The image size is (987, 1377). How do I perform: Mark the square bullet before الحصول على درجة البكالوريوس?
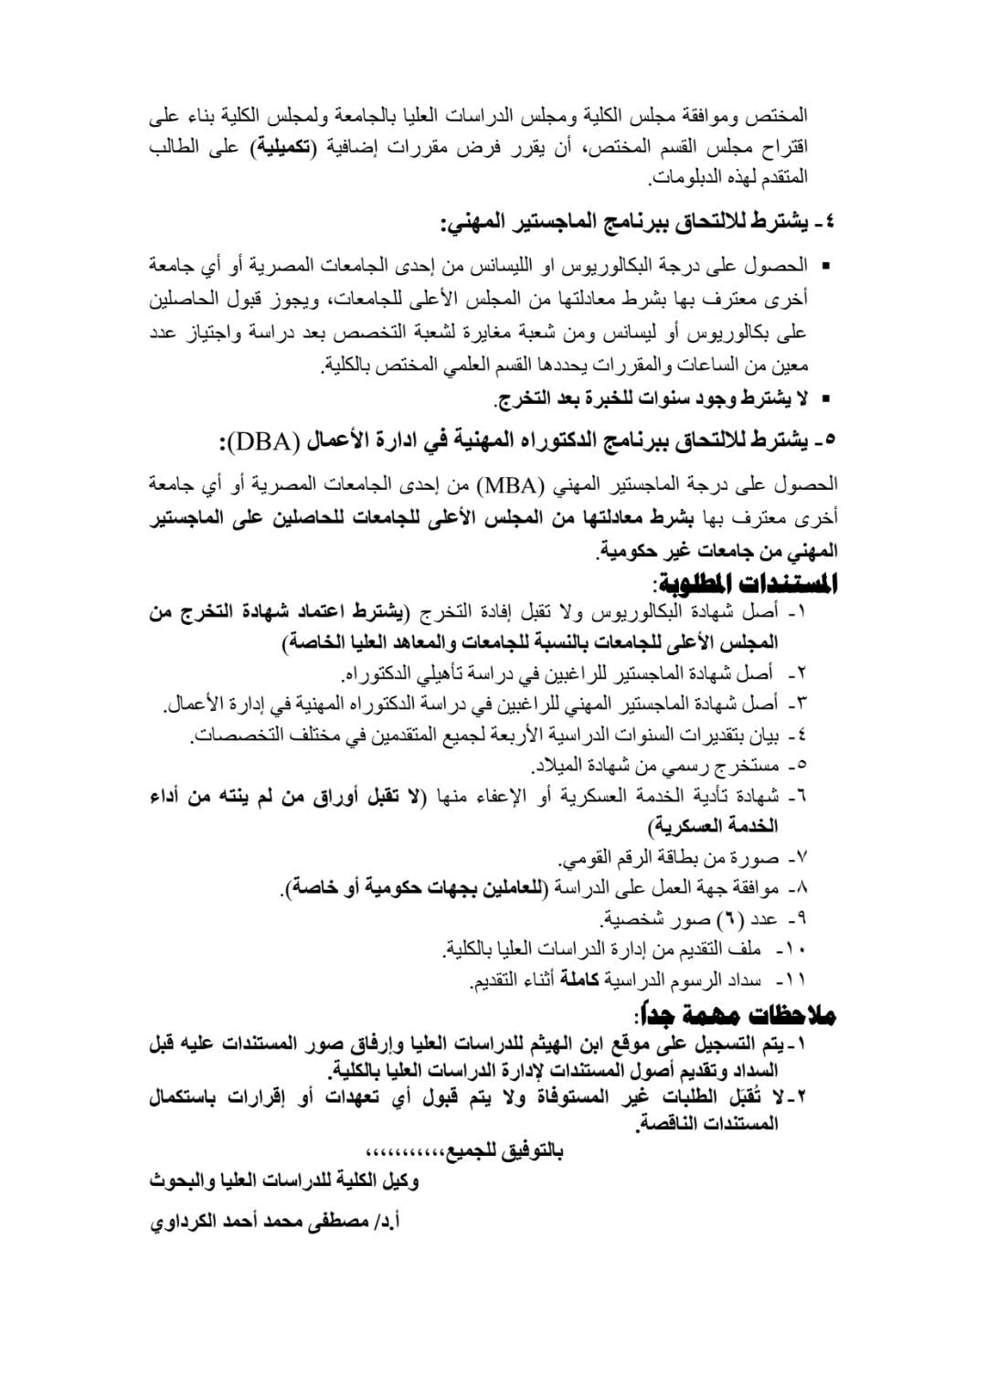tap(827, 266)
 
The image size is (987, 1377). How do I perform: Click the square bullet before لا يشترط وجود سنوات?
tap(827, 399)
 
